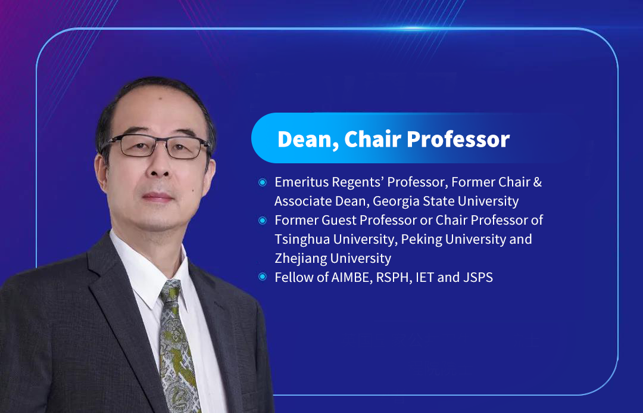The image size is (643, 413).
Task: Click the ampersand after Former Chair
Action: coord(538,182)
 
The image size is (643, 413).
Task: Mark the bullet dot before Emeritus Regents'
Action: coord(263,182)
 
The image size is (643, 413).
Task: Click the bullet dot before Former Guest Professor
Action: coord(263,221)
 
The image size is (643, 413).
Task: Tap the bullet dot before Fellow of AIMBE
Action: coord(263,277)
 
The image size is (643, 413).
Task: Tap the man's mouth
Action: coord(158,197)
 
